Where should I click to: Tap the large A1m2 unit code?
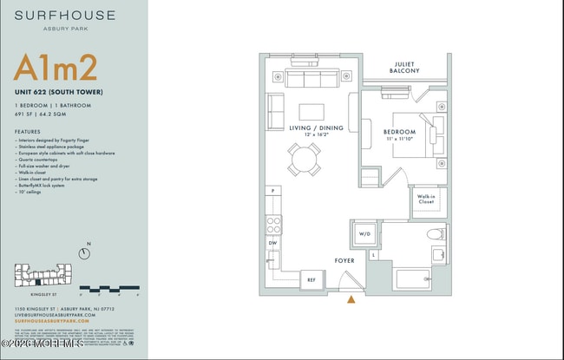point(54,69)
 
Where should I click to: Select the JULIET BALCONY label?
point(406,67)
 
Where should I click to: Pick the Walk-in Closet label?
point(426,200)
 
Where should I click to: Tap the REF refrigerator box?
point(312,279)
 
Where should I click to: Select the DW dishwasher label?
point(273,244)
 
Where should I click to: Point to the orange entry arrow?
point(351,300)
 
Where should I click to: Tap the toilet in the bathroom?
point(436,233)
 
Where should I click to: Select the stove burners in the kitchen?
point(273,224)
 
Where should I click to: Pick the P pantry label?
point(272,190)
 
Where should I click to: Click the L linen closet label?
point(374,255)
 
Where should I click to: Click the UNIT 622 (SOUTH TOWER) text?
point(59,92)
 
